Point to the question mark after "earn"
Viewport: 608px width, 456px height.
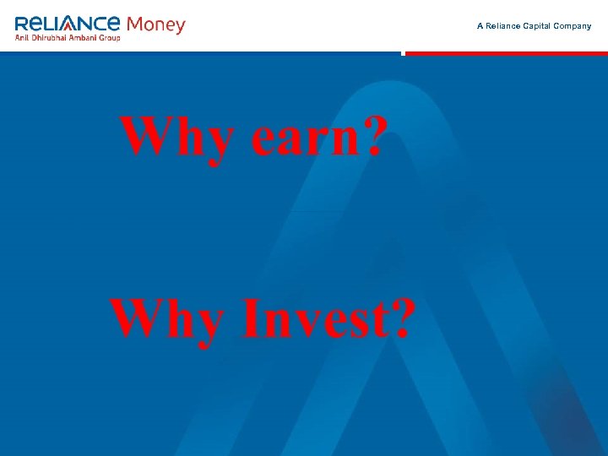coord(372,135)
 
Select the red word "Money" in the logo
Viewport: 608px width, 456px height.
coord(155,24)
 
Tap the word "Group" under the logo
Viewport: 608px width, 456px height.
coord(112,38)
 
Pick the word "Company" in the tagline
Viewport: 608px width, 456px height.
coord(573,26)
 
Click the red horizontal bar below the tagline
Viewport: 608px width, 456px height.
coord(507,53)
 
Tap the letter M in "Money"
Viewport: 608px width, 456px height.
coord(133,24)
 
